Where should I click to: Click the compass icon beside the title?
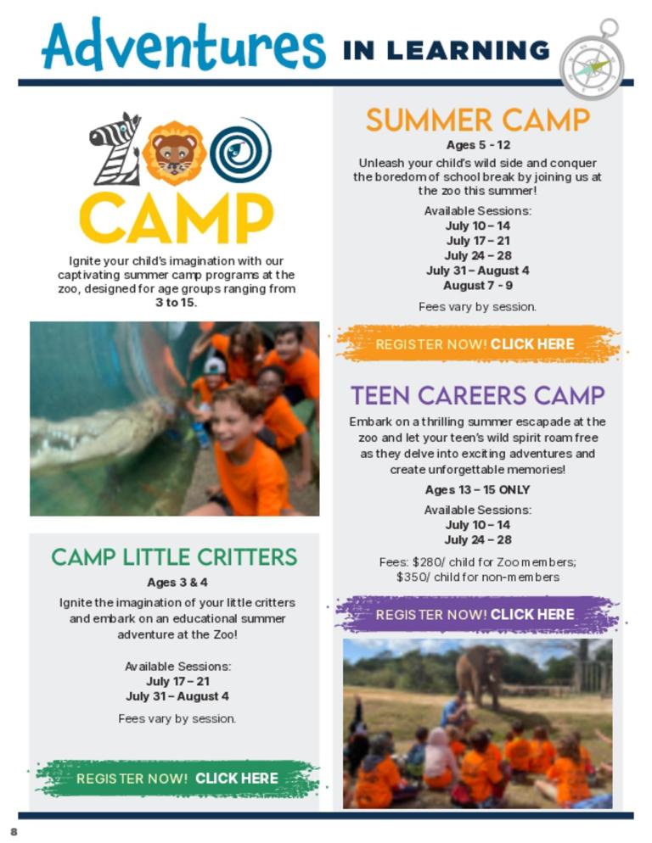pyautogui.click(x=593, y=61)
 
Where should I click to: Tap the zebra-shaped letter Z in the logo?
pyautogui.click(x=116, y=149)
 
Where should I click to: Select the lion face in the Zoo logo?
pyautogui.click(x=174, y=154)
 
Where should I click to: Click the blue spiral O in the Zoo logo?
pyautogui.click(x=240, y=149)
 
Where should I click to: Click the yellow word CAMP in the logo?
pyautogui.click(x=177, y=218)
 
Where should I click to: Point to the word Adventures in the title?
pyautogui.click(x=183, y=44)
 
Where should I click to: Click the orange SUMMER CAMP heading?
pyautogui.click(x=478, y=120)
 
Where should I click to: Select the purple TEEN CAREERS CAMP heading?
pyautogui.click(x=478, y=395)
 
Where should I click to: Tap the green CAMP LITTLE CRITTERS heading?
pyautogui.click(x=174, y=557)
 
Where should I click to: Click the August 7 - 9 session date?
pyautogui.click(x=478, y=286)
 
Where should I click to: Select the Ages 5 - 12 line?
pyautogui.click(x=478, y=145)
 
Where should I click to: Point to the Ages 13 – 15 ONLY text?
pyautogui.click(x=478, y=490)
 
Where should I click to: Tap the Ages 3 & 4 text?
pyautogui.click(x=177, y=583)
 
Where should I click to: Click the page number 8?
pyautogui.click(x=14, y=832)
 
